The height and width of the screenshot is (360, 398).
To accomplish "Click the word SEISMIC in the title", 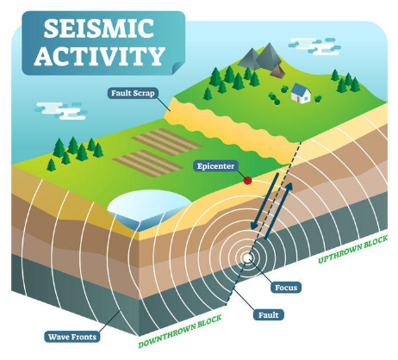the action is click(x=99, y=28).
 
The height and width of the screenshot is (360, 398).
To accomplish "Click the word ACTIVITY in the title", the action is click(x=100, y=55).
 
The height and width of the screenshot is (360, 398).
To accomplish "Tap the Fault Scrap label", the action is click(x=133, y=93).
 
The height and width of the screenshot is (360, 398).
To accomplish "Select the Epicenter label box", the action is click(x=215, y=166).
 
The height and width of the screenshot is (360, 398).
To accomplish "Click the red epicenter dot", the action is click(x=247, y=181).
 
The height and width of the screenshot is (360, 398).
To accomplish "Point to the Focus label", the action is click(x=286, y=288).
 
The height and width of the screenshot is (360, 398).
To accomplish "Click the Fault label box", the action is click(x=269, y=315).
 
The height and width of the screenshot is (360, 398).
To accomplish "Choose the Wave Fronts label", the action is click(x=72, y=337).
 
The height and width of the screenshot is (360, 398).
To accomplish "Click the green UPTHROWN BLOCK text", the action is click(x=353, y=249).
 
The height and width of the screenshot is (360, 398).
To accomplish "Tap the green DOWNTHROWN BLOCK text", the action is click(x=180, y=331).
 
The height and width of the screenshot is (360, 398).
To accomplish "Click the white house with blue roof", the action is click(x=301, y=93).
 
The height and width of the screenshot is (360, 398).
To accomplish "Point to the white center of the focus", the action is click(x=247, y=258).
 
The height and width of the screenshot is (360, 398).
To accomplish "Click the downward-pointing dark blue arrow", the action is click(x=264, y=201).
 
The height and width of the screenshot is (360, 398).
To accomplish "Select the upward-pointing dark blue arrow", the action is click(x=278, y=210).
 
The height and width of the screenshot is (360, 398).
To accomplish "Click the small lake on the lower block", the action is click(x=149, y=209).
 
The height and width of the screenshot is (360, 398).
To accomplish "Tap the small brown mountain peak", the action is click(x=277, y=71).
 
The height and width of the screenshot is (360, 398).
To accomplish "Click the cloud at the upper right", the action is click(x=314, y=47).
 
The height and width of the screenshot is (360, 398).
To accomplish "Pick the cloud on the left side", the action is click(x=61, y=111).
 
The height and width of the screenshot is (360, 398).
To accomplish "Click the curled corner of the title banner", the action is click(x=177, y=68).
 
